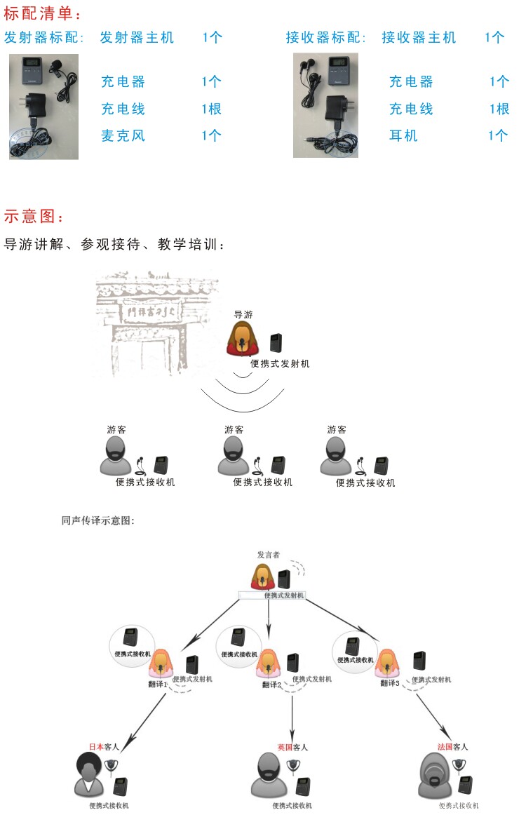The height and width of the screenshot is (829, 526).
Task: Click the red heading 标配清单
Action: point(41,13)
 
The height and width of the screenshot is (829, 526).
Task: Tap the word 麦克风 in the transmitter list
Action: point(123,135)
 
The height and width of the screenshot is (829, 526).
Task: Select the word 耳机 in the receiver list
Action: point(403,135)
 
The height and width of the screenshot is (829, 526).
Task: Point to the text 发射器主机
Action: point(137,37)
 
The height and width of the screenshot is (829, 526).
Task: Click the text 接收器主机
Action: point(419,37)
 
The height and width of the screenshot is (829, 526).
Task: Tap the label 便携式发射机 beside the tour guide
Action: point(280,364)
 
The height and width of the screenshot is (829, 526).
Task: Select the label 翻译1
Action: point(157,685)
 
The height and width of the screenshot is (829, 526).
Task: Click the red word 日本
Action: point(95,747)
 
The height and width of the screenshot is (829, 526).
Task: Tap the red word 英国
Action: point(284,748)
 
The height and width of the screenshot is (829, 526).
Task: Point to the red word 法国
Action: point(445,747)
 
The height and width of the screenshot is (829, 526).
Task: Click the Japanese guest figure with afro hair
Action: point(89,776)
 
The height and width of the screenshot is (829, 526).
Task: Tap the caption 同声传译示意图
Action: point(97,521)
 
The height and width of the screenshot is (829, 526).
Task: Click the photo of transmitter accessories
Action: point(43,106)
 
